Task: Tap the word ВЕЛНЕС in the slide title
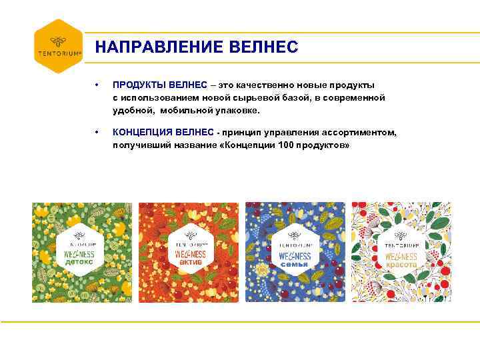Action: pos(263,47)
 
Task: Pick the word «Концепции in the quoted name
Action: pos(247,145)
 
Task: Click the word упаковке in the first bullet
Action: pos(239,109)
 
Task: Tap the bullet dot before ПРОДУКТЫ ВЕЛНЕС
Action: pos(97,85)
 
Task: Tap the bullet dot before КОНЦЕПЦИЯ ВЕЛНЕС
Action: pos(97,133)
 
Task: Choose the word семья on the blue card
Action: pos(295,264)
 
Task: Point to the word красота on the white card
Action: pos(401,265)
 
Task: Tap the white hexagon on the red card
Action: pos(189,251)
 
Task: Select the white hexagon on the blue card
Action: pos(295,251)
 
